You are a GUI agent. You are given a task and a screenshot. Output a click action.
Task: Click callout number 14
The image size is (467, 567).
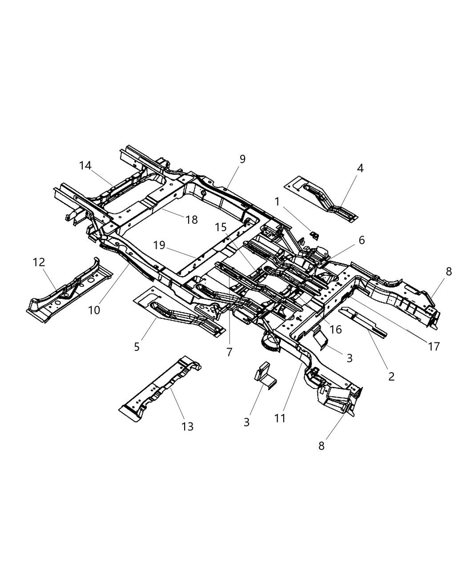coord(85,165)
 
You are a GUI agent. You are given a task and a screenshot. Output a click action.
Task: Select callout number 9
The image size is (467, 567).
coord(242,159)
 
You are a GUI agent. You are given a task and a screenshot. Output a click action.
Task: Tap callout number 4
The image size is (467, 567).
coord(360,168)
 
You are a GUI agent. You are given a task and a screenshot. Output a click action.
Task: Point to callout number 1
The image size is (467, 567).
coord(277,201)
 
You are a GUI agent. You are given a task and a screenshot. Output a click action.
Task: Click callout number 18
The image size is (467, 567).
coord(192,219)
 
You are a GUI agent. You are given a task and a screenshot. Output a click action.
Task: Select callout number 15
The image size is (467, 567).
coord(221,227)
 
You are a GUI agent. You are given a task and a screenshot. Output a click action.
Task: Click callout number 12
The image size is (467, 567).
coord(39,262)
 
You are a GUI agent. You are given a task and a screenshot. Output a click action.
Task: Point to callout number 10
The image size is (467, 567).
coord(94,310)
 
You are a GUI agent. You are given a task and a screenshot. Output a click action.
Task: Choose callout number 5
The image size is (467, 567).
coord(137,346)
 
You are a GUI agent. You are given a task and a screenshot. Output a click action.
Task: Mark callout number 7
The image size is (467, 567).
coord(229,352)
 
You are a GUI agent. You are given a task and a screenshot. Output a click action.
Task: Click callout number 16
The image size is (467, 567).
coord(336,329)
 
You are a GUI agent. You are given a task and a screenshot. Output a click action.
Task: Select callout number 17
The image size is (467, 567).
coord(434,346)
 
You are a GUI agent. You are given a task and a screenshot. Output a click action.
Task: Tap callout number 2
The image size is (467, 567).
coord(391,376)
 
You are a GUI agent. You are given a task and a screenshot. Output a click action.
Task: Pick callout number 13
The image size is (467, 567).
coord(188,426)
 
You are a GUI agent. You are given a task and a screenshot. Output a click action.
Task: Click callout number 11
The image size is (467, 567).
coord(280,418)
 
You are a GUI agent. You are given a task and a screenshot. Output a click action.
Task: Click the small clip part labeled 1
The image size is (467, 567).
coord(314,234)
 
